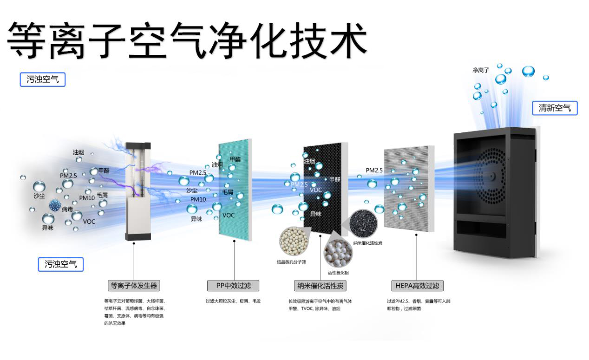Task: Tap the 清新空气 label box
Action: (x=555, y=109)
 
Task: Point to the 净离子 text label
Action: (x=480, y=70)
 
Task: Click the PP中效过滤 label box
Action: (x=233, y=285)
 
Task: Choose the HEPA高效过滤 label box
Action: (x=417, y=285)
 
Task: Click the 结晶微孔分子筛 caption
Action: (x=291, y=262)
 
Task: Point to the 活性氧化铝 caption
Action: (x=338, y=273)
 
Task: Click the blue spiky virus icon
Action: (x=55, y=205)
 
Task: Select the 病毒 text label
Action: (x=67, y=210)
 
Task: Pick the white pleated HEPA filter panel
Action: (x=409, y=188)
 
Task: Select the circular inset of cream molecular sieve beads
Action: (x=291, y=241)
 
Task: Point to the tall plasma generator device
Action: (x=138, y=190)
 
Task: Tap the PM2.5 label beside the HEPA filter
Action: (x=374, y=170)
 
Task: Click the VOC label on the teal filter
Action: (x=229, y=215)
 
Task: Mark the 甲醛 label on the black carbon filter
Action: (x=334, y=179)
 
